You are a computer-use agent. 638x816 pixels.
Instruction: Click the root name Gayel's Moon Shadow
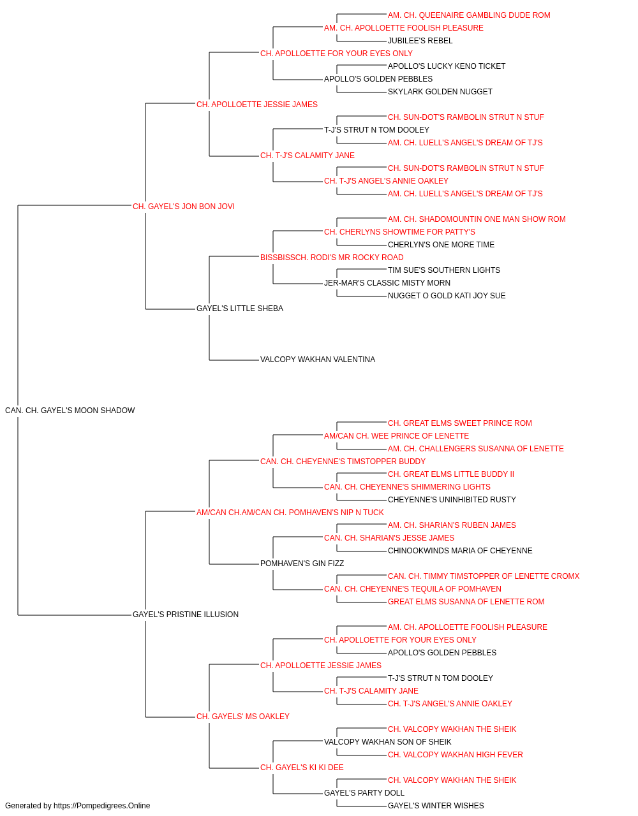pyautogui.click(x=70, y=411)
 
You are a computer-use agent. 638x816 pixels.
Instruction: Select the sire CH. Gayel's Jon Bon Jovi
pyautogui.click(x=183, y=207)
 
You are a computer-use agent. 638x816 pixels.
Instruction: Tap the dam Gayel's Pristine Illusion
pyautogui.click(x=186, y=615)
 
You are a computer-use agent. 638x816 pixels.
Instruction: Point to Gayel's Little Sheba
pyautogui.click(x=240, y=309)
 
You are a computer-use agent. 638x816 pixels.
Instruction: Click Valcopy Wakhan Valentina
pyautogui.click(x=318, y=360)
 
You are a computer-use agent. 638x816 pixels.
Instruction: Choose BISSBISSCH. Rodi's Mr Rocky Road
pyautogui.click(x=332, y=257)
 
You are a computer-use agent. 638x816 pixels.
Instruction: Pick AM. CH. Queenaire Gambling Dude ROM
pyautogui.click(x=469, y=15)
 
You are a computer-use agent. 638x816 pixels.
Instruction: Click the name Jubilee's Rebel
pyautogui.click(x=420, y=41)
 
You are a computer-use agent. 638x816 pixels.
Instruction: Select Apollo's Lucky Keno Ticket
pyautogui.click(x=447, y=66)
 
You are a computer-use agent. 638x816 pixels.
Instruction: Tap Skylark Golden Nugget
pyautogui.click(x=440, y=92)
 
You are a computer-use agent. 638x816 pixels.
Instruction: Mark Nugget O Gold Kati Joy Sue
pyautogui.click(x=447, y=296)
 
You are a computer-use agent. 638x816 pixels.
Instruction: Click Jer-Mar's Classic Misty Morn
pyautogui.click(x=387, y=283)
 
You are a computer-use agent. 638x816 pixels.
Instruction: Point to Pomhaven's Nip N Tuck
pyautogui.click(x=290, y=512)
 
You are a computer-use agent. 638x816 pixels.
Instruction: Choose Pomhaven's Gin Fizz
pyautogui.click(x=302, y=564)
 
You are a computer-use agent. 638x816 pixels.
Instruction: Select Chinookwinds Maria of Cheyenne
pyautogui.click(x=460, y=551)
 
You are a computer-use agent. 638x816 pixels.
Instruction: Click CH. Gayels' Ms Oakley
pyautogui.click(x=242, y=717)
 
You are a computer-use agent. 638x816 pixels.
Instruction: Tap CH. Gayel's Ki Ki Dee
pyautogui.click(x=302, y=768)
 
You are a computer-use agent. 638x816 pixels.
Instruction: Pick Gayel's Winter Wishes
pyautogui.click(x=436, y=806)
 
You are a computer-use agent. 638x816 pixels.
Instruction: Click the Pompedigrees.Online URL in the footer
pyautogui.click(x=102, y=806)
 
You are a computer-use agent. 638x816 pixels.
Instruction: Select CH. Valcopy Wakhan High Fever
pyautogui.click(x=456, y=755)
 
